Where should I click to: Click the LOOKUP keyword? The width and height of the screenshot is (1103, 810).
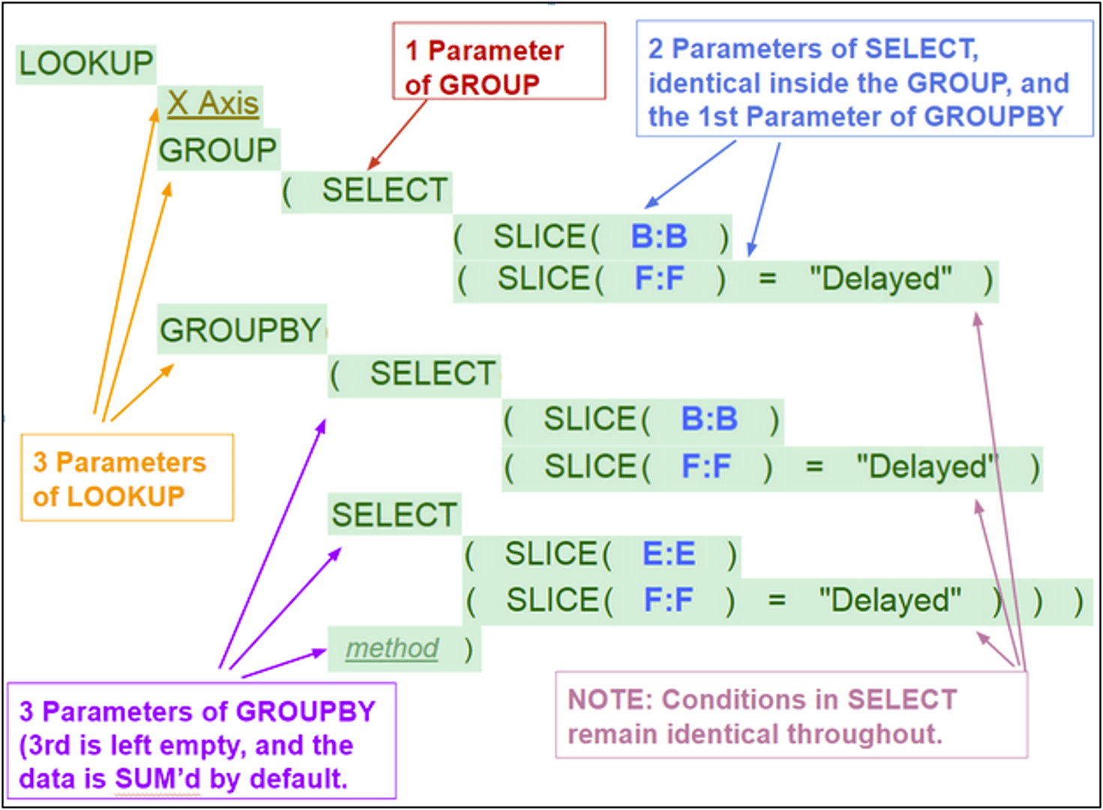[x=85, y=64]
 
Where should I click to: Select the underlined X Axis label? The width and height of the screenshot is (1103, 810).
[x=213, y=103]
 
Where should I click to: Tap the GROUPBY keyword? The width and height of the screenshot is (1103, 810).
[x=240, y=330]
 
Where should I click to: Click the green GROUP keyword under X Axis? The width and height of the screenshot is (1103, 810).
[x=217, y=150]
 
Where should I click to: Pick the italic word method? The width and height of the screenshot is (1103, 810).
[x=391, y=648]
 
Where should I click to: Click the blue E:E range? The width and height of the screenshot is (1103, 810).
[x=669, y=554]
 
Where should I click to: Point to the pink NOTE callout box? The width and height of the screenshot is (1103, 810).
[x=791, y=715]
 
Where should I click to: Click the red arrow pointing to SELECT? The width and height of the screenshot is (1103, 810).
[x=397, y=135]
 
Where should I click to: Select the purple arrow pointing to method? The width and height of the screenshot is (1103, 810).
[x=283, y=664]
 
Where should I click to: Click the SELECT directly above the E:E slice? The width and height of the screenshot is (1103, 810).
[x=394, y=515]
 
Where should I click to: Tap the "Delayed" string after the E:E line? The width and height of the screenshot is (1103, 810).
[x=889, y=601]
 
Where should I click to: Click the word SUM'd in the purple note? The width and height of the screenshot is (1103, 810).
[x=157, y=779]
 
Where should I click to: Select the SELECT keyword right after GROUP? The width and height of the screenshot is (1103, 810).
[x=385, y=190]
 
